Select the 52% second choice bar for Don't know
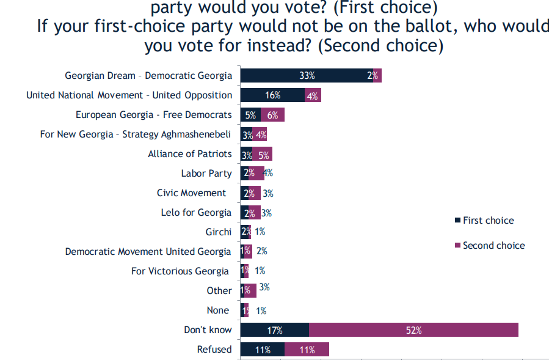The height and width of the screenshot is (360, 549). (x=413, y=330)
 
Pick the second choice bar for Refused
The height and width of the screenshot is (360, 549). (x=307, y=350)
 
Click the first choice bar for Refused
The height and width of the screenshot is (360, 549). (x=262, y=350)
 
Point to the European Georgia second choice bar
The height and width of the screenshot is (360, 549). (x=272, y=114)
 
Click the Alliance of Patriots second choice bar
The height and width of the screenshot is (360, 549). (x=263, y=153)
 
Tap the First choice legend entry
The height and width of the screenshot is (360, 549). (x=488, y=220)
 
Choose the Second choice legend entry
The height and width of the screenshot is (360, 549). (x=493, y=245)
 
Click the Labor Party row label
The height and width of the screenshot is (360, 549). (x=206, y=173)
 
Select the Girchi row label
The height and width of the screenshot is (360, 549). (x=219, y=232)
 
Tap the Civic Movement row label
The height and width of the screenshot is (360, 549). (x=191, y=193)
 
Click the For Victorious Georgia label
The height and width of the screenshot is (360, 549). (x=180, y=271)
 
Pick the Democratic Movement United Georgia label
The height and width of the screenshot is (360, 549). (x=148, y=251)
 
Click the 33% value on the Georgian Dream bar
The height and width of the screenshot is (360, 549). (x=307, y=76)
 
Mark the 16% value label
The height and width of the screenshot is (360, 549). (x=272, y=95)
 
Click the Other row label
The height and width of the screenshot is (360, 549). (x=219, y=290)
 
